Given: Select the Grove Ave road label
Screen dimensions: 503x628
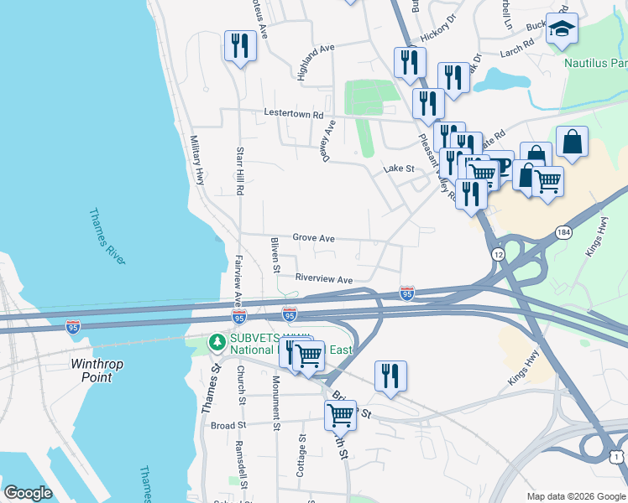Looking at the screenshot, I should point(313,238).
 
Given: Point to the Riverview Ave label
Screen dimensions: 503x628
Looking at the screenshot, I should point(323,278).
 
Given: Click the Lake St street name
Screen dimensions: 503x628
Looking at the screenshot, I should point(399,169).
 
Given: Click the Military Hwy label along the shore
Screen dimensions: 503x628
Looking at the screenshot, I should point(198,160).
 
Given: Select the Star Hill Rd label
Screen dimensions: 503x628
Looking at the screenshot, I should point(240,172).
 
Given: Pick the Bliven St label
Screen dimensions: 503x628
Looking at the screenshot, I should point(275,255).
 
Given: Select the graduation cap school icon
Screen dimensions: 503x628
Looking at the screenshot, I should point(562,31).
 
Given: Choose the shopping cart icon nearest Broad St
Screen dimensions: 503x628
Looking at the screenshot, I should point(341,414).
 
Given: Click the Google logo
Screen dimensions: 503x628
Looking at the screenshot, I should point(29,493).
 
